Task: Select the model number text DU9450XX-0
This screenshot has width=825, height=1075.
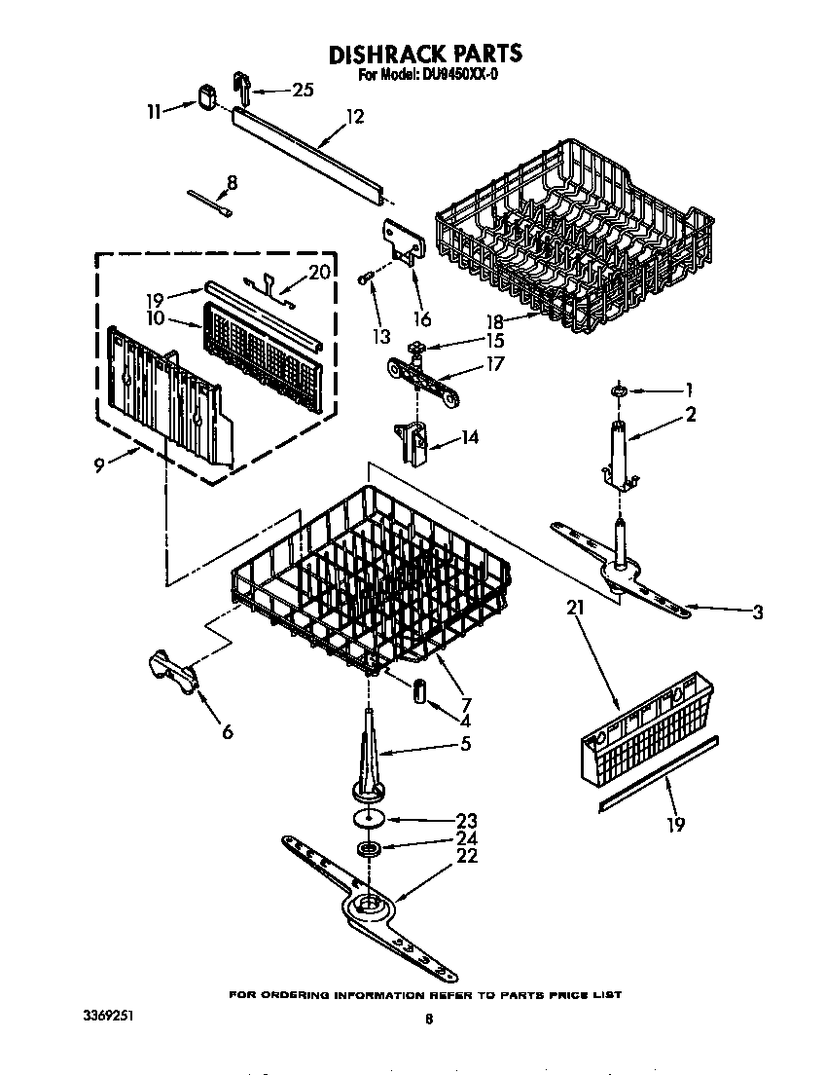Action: tap(452, 74)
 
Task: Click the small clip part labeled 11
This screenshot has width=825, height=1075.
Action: tap(206, 95)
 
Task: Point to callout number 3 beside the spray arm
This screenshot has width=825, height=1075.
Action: tap(757, 612)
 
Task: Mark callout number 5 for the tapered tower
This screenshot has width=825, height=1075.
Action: tap(465, 744)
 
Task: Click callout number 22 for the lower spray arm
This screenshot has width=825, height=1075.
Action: tap(467, 856)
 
